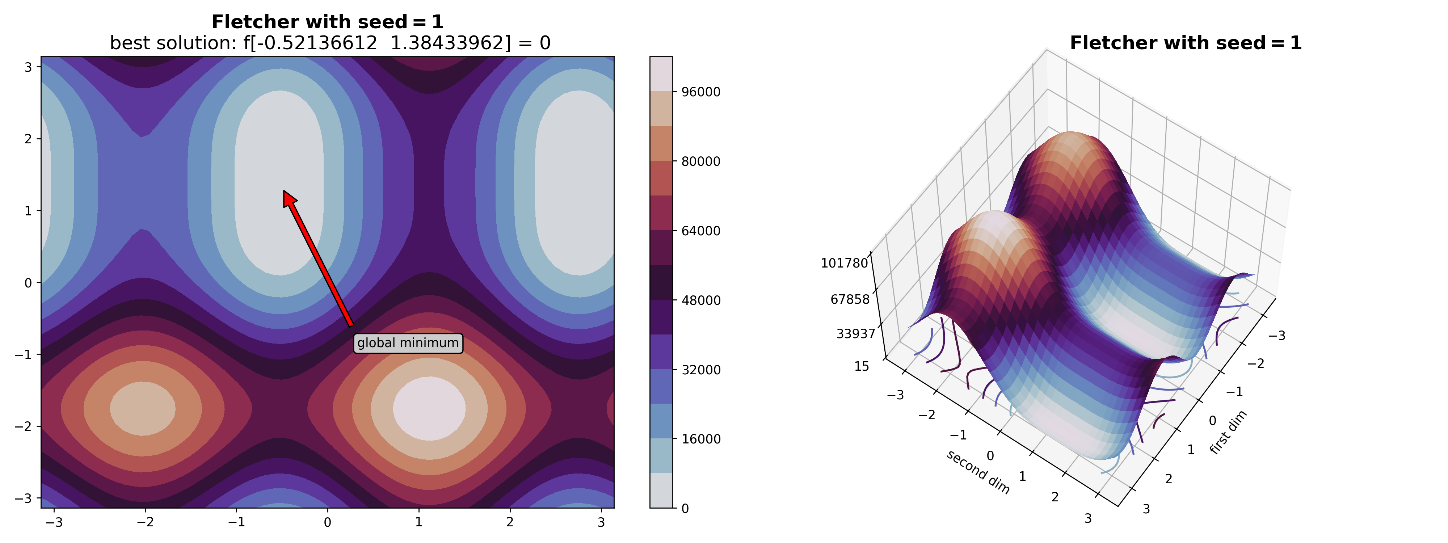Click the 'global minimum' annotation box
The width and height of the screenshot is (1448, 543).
pyautogui.click(x=408, y=343)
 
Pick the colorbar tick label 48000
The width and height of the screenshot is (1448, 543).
pyautogui.click(x=700, y=300)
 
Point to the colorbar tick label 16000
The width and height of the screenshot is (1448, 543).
pyautogui.click(x=700, y=439)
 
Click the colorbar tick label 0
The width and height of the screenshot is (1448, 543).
pyautogui.click(x=685, y=509)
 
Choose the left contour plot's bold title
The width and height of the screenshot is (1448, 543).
pyautogui.click(x=327, y=22)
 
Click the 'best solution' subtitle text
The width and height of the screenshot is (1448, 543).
pyautogui.click(x=330, y=43)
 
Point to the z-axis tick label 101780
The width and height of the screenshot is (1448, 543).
pyautogui.click(x=844, y=263)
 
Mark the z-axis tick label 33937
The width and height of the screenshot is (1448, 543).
pyautogui.click(x=855, y=334)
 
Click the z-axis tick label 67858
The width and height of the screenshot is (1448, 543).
pyautogui.click(x=849, y=299)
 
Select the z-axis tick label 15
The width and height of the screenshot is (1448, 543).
pyautogui.click(x=861, y=366)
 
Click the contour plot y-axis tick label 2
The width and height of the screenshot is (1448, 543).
pyautogui.click(x=28, y=139)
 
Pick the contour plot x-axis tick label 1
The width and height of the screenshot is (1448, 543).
pyautogui.click(x=419, y=522)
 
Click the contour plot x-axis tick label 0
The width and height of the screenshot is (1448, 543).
pyautogui.click(x=328, y=522)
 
